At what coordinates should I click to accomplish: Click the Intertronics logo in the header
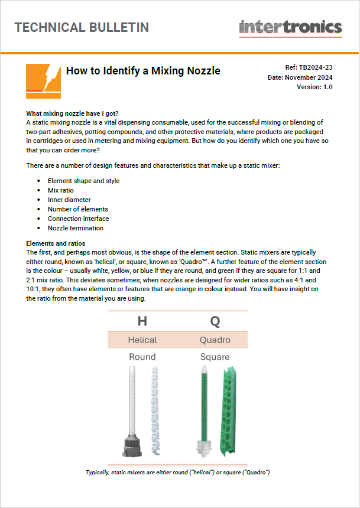pyautogui.click(x=290, y=27)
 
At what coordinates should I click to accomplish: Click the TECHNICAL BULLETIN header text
pyautogui.click(x=82, y=27)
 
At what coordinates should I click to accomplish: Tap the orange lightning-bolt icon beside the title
pyautogui.click(x=43, y=81)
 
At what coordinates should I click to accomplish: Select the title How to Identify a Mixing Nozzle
pyautogui.click(x=143, y=71)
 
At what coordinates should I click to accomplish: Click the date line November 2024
pyautogui.click(x=300, y=77)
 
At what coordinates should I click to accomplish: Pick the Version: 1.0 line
pyautogui.click(x=314, y=87)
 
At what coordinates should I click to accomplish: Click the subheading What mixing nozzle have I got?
pyautogui.click(x=73, y=113)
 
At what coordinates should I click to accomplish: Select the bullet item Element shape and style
pyautogui.click(x=83, y=181)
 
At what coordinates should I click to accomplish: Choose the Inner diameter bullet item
pyautogui.click(x=69, y=200)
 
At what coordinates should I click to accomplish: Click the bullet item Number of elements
pyautogui.click(x=78, y=209)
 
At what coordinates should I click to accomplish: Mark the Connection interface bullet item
pyautogui.click(x=78, y=219)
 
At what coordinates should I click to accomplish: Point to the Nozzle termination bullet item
pyautogui.click(x=76, y=228)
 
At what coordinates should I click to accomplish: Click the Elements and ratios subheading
pyautogui.click(x=56, y=243)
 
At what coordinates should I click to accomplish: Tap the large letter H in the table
pyautogui.click(x=142, y=321)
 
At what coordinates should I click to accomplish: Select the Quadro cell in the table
pyautogui.click(x=215, y=340)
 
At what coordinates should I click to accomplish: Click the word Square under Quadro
pyautogui.click(x=215, y=357)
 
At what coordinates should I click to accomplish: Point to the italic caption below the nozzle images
pyautogui.click(x=177, y=473)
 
